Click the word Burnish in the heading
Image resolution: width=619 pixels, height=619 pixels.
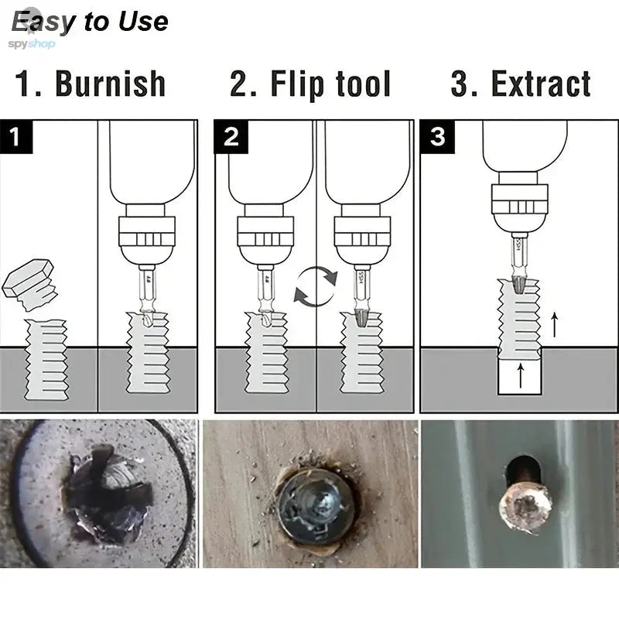(110, 84)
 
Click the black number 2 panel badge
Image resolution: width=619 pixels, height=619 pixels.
(231, 137)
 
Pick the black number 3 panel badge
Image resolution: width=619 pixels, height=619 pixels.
(437, 137)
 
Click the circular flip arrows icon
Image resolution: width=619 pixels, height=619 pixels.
(315, 286)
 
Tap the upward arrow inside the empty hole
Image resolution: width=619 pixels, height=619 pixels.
(519, 377)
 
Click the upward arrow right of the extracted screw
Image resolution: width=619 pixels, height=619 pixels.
(554, 323)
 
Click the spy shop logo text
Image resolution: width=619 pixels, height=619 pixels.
(31, 44)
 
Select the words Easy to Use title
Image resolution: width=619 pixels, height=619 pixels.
(89, 21)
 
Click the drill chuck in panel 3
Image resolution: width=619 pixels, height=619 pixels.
(518, 209)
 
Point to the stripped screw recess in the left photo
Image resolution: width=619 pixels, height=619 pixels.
(108, 495)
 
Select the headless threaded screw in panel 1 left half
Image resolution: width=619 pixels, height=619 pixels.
(46, 360)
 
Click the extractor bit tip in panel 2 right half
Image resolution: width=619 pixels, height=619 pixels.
(361, 318)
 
